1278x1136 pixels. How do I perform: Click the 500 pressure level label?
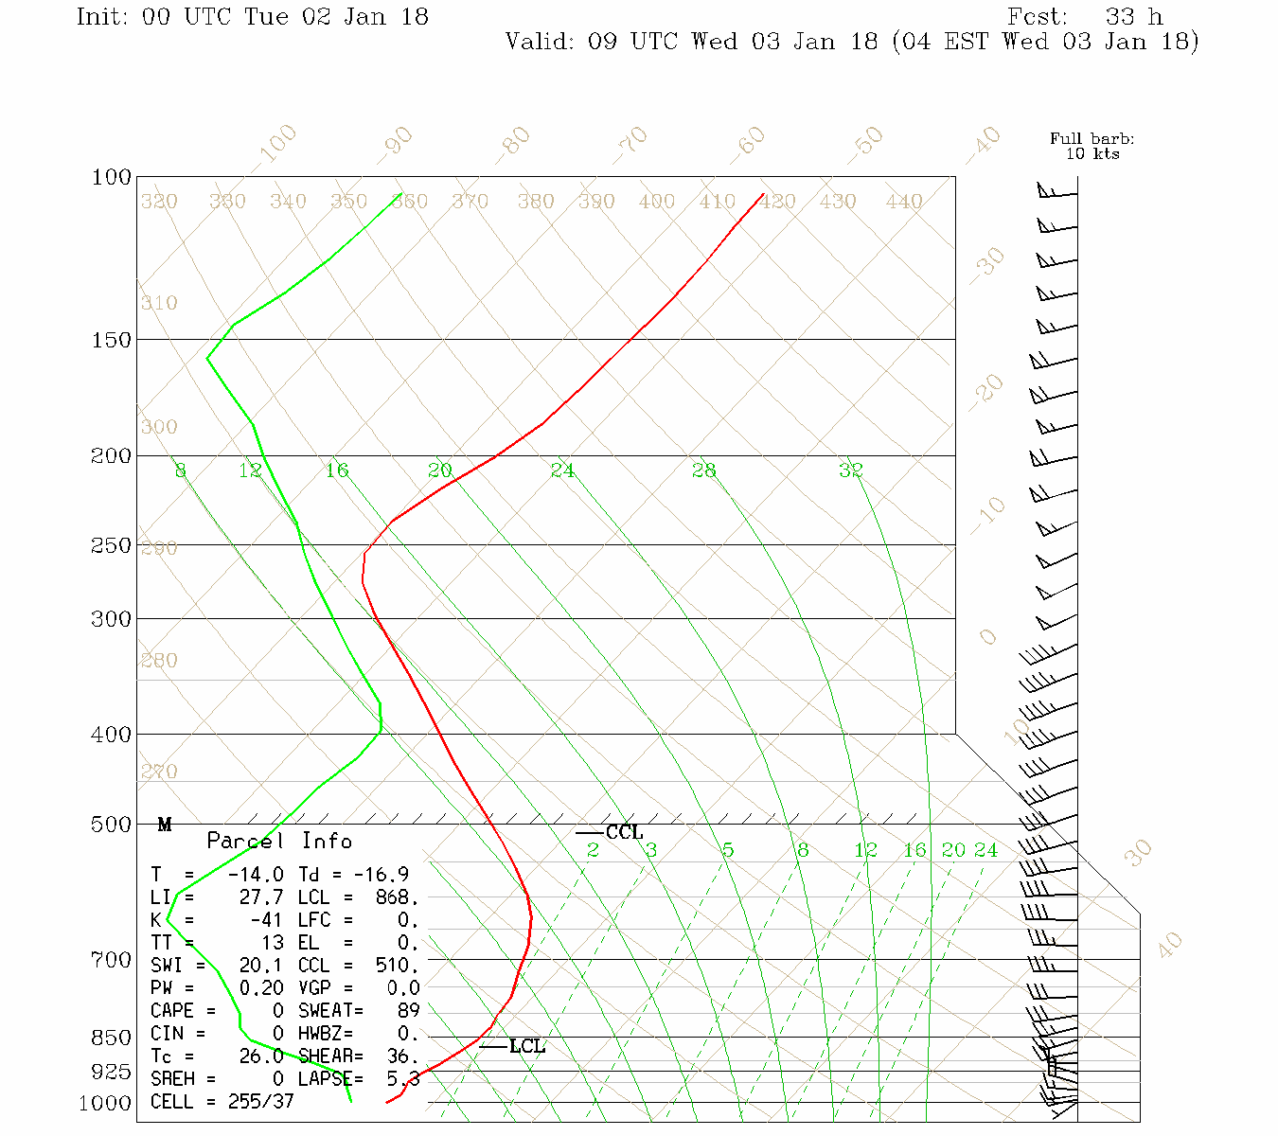point(112,825)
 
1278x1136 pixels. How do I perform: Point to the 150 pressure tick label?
point(112,339)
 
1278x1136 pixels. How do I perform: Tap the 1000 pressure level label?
point(104,1104)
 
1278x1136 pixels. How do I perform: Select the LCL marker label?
point(527,1046)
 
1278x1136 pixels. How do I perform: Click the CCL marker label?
point(624,833)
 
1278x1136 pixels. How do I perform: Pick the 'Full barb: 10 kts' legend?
point(1092,146)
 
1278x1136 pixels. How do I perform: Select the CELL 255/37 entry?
point(222,1102)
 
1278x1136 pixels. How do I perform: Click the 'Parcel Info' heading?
point(279,841)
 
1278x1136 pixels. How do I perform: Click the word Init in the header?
point(102,17)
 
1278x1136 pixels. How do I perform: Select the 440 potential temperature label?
point(904,202)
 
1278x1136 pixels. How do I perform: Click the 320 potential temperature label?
point(159,202)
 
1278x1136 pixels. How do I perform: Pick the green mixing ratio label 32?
point(850,470)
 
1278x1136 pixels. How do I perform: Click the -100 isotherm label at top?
point(276,144)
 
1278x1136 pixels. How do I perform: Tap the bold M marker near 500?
point(165,825)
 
